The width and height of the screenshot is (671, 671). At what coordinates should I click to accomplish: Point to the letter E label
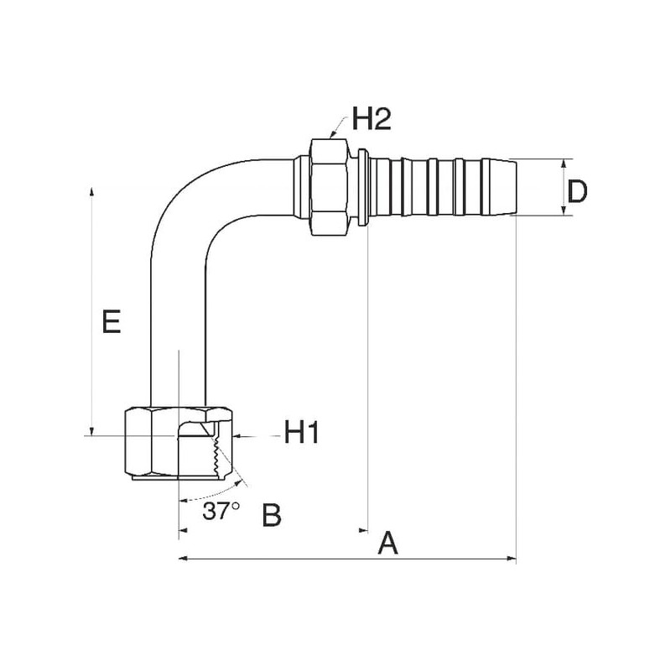click(x=112, y=321)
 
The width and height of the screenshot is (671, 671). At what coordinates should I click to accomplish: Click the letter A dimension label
click(x=388, y=543)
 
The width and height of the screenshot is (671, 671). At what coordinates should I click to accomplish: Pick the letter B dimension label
click(x=272, y=514)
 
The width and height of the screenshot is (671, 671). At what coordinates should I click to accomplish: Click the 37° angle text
click(x=221, y=510)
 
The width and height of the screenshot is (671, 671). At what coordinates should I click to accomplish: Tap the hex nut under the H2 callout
click(x=330, y=186)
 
